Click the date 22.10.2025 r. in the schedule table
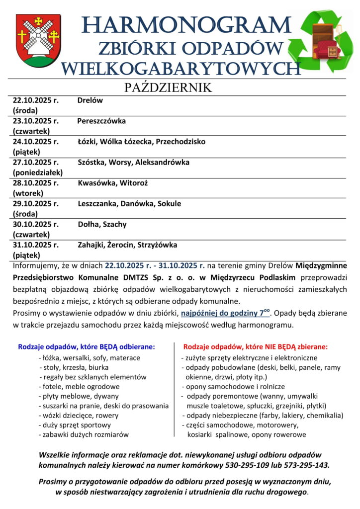35,100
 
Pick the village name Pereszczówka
101,121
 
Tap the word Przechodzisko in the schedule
180,142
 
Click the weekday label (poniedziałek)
38,172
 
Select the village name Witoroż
133,183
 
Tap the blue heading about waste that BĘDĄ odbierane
87,346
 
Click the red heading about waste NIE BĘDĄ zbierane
255,346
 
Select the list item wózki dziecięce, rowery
79,415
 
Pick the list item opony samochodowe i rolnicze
233,386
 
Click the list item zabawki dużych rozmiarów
84,434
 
